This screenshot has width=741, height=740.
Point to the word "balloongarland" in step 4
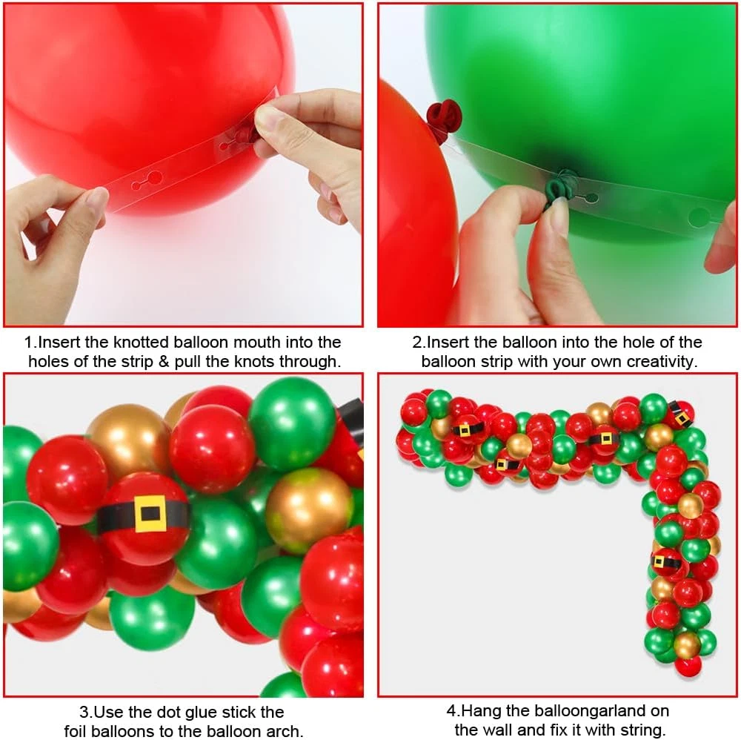pyautogui.click(x=578, y=710)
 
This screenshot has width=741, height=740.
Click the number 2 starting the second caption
pyautogui.click(x=416, y=342)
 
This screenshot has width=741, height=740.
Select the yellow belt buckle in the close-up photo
pyautogui.click(x=150, y=514)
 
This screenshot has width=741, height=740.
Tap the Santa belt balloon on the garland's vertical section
pyautogui.click(x=666, y=563)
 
